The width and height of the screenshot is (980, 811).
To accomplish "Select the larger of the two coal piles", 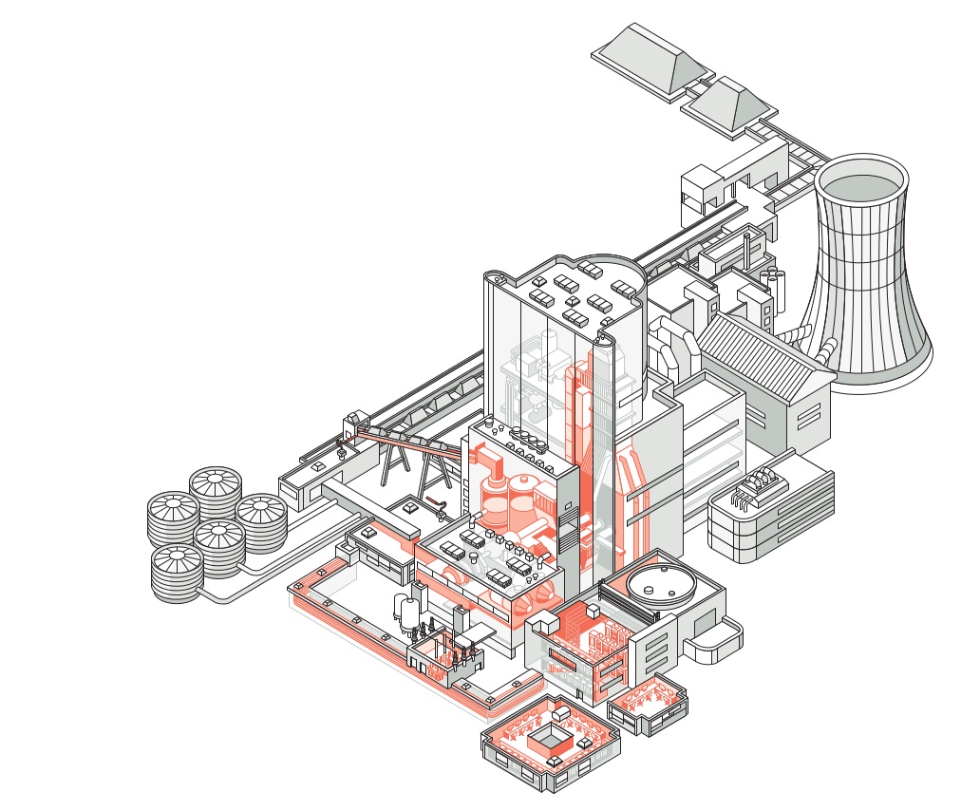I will point(649,56).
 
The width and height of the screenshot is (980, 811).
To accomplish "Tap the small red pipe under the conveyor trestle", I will point(436,500).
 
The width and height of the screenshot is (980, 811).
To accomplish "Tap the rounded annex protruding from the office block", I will point(715,645).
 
